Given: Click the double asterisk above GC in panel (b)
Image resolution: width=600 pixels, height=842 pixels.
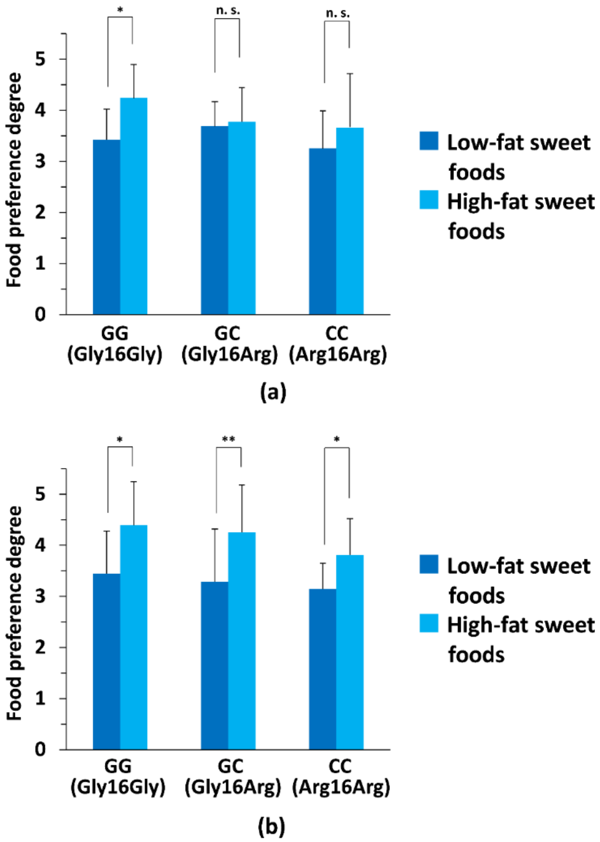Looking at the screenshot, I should pyautogui.click(x=228, y=439).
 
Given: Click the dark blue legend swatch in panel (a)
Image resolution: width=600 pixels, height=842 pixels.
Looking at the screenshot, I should pyautogui.click(x=429, y=141).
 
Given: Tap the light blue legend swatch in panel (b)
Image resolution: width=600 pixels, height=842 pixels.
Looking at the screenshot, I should pyautogui.click(x=429, y=624).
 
